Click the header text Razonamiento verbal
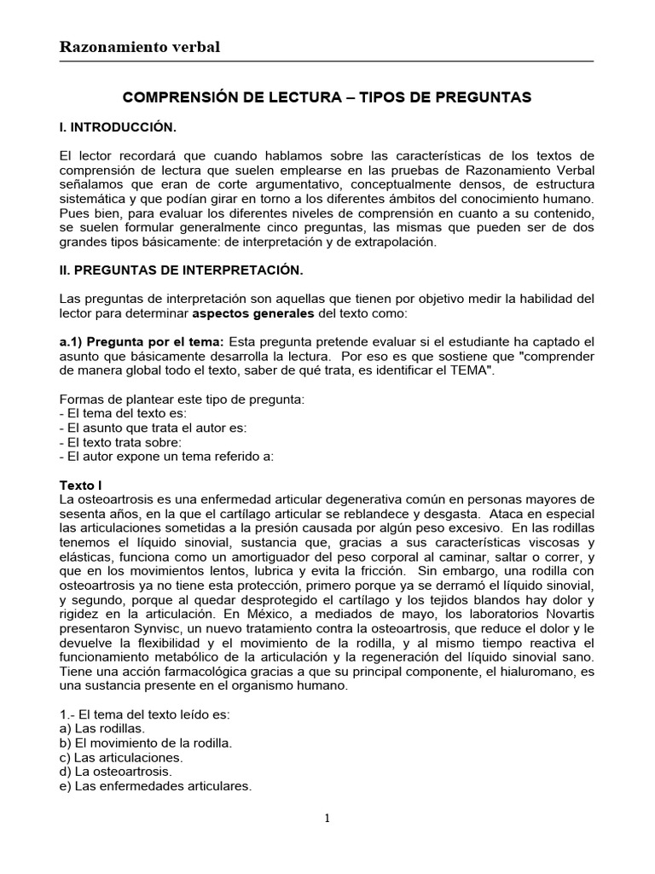point(139,47)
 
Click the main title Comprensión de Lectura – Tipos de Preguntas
point(327,98)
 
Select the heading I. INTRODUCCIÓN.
point(118,128)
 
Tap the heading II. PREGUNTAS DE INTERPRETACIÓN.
point(181,271)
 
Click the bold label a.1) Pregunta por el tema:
point(142,341)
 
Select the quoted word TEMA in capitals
point(473,372)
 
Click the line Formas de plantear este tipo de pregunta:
point(182,400)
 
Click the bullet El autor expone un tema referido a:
point(166,456)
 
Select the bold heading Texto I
point(81,484)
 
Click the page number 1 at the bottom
point(327,819)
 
